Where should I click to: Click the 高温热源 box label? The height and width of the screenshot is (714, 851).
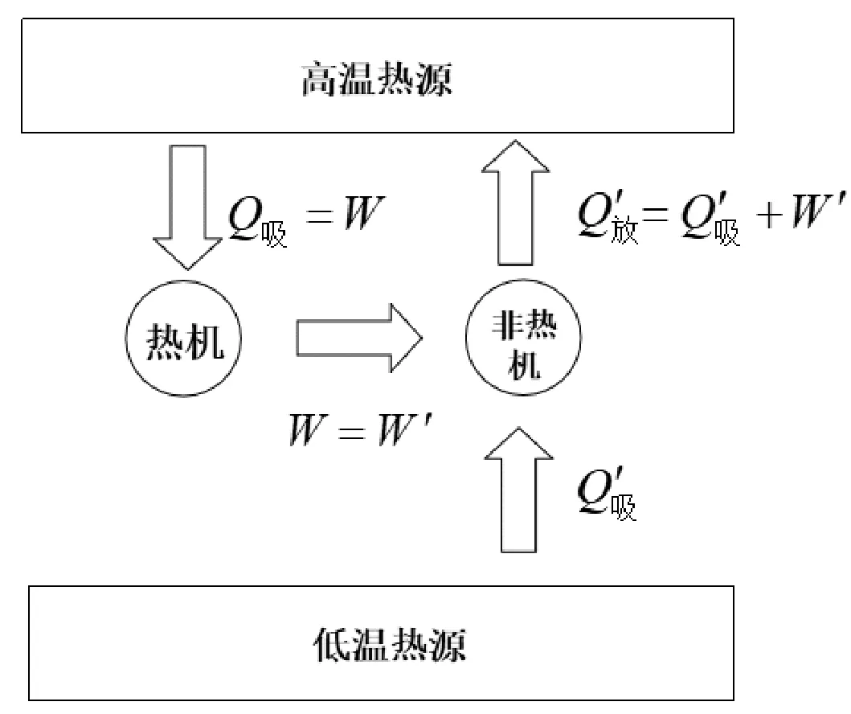[376, 81]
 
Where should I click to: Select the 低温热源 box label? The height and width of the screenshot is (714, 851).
[387, 645]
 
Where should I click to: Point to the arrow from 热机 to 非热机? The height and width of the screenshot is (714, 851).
[358, 338]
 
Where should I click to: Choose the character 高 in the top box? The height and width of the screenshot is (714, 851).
[314, 81]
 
